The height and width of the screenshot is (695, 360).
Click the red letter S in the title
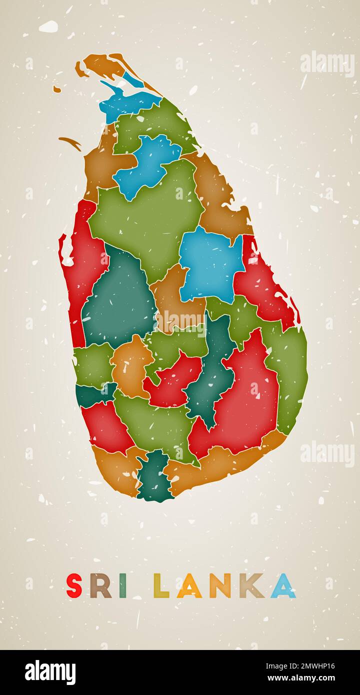pos(74,585)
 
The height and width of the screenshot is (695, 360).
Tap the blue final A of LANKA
pos(283,586)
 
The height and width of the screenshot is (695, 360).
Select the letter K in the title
pos(251,586)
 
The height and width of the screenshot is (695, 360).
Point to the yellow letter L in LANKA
pos(160,586)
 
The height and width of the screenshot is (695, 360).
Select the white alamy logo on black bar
pos(50,672)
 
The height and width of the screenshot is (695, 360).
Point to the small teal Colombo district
pos(92,393)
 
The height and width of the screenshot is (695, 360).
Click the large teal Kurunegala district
pos(119,300)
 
